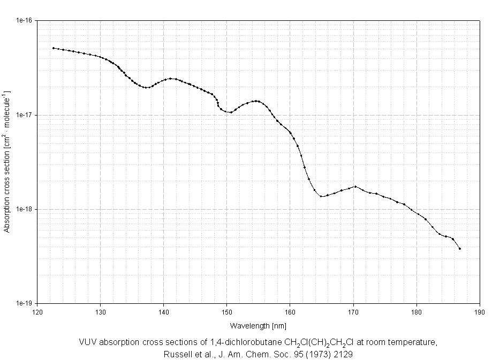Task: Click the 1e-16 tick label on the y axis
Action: click(x=25, y=21)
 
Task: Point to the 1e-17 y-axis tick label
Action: click(x=25, y=115)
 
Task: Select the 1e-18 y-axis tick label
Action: click(x=25, y=209)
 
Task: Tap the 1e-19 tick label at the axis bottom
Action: click(x=25, y=303)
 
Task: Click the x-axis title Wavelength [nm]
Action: click(x=259, y=325)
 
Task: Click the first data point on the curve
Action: click(x=53, y=48)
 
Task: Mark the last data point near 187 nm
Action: click(x=459, y=249)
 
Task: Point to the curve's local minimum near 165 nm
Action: click(x=321, y=196)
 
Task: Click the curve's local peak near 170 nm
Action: click(x=355, y=186)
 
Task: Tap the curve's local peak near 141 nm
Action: click(x=170, y=79)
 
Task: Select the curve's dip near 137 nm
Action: click(x=146, y=88)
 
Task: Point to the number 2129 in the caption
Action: click(x=343, y=354)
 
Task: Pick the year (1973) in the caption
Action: click(x=314, y=354)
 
